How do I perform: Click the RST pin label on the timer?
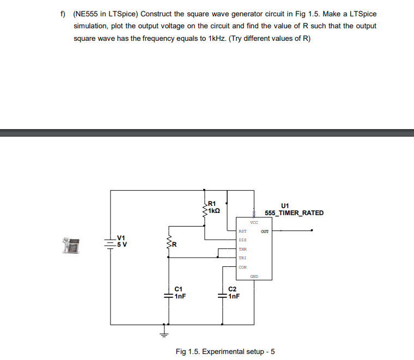tap(242, 231)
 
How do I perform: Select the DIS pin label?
tap(242, 240)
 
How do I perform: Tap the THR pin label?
tap(242, 249)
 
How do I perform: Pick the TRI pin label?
tap(242, 258)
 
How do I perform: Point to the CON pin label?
tap(242, 267)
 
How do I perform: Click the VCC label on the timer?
tap(254, 222)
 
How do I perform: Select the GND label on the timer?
tap(254, 277)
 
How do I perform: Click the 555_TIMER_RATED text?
tap(294, 213)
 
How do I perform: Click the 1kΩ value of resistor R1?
tap(214, 210)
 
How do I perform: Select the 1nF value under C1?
tap(181, 297)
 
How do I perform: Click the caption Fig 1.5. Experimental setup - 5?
tap(225, 351)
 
